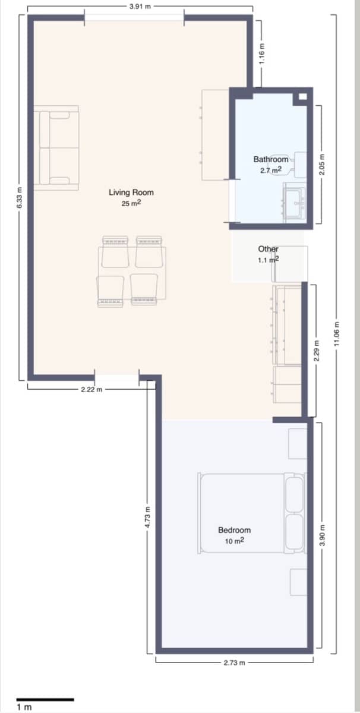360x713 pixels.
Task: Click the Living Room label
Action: [x=131, y=192]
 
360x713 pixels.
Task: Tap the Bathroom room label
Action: [x=271, y=159]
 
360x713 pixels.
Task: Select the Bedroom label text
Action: [x=234, y=530]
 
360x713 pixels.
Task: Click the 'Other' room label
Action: [x=268, y=249]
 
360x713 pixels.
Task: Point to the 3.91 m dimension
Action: [x=140, y=7]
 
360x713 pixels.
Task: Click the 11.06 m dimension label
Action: [x=336, y=335]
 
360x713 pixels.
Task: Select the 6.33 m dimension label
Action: [x=19, y=198]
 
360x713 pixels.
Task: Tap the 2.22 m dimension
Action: [x=91, y=390]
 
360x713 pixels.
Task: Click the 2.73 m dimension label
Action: [x=234, y=662]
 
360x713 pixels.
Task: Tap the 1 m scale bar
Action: [x=45, y=700]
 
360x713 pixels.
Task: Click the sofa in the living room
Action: [x=57, y=148]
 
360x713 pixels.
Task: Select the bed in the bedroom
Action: [x=252, y=513]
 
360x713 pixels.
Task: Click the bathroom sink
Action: [x=295, y=202]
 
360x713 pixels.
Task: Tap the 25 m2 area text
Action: [x=131, y=203]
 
